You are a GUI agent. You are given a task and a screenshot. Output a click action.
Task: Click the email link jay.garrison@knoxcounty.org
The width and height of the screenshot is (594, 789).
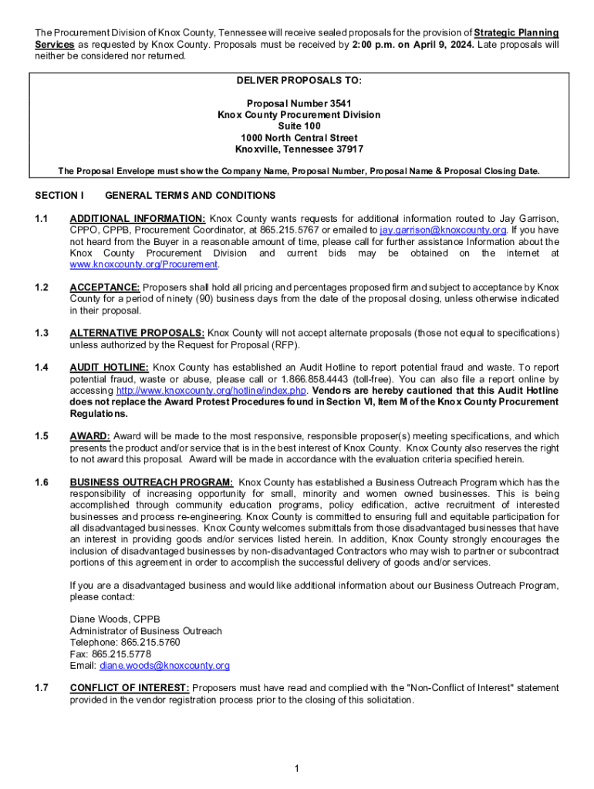coord(443,230)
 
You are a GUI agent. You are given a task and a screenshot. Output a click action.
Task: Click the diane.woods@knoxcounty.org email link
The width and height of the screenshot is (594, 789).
coord(164,666)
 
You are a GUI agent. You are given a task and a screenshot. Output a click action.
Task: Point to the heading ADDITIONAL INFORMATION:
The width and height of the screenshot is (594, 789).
coord(137,218)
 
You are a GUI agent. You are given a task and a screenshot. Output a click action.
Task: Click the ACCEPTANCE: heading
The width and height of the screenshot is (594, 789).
coord(106,287)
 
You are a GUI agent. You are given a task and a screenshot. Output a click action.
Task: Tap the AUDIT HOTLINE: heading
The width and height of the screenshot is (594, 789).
coord(109,368)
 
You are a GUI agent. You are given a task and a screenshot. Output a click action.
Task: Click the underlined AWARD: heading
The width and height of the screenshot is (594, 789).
coord(90,436)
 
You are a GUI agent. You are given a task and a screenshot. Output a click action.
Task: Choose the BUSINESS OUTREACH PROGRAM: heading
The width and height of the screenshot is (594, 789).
coord(151,482)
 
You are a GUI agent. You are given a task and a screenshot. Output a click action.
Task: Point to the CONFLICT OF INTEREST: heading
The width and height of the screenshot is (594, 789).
coord(130,688)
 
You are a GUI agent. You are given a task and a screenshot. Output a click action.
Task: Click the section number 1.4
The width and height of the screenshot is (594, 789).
coord(42,368)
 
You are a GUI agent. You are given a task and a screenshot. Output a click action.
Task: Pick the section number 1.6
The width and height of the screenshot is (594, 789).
coord(42,482)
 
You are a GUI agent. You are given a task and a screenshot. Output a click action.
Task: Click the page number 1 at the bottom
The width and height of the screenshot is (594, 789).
coord(297,768)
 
